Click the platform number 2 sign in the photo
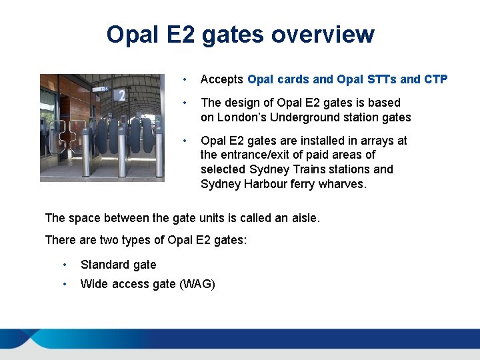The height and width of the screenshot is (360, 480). (121, 96)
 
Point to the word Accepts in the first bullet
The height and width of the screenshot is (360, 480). (222, 79)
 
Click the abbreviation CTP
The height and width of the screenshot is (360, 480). (435, 79)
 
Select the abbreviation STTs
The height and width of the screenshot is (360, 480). (382, 79)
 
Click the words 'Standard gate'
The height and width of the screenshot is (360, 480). (118, 265)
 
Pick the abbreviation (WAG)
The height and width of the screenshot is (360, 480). (197, 284)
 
